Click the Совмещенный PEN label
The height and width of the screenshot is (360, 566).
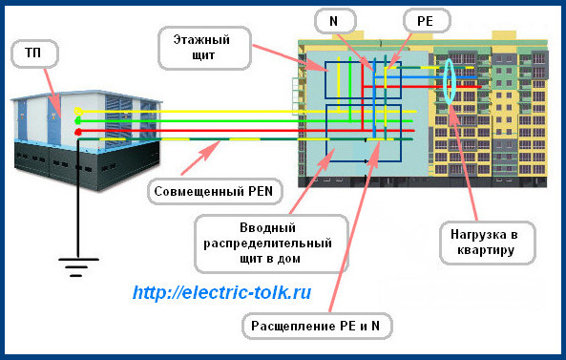[213, 191]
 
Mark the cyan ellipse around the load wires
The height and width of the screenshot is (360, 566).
[448, 83]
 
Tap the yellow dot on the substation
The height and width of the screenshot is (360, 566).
[78, 112]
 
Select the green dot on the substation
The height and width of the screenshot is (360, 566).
[78, 121]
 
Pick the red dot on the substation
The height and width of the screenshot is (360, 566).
[78, 132]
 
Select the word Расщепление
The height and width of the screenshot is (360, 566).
[289, 325]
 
